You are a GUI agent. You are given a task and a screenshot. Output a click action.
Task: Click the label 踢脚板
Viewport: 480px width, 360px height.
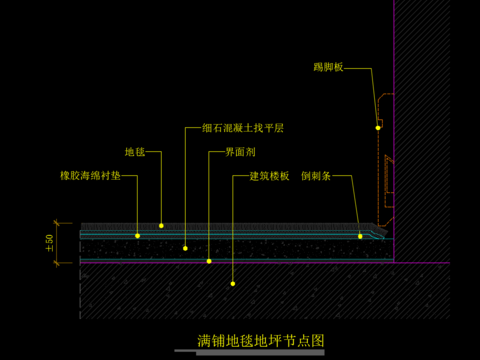click(328, 68)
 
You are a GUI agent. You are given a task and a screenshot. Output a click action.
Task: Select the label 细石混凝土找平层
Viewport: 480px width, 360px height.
click(243, 129)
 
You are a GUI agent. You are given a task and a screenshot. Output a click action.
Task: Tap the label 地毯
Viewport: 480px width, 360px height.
click(135, 152)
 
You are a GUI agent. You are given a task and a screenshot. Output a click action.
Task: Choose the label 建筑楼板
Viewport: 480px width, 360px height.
click(269, 176)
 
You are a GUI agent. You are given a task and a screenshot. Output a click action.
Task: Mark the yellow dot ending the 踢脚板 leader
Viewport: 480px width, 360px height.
click(378, 127)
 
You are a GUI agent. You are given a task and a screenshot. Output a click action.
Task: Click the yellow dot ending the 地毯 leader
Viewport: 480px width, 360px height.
click(161, 225)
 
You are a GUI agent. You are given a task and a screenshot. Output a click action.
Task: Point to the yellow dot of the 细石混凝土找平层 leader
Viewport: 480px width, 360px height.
click(186, 246)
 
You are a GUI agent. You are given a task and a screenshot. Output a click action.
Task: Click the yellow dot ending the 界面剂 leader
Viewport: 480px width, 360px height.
click(209, 261)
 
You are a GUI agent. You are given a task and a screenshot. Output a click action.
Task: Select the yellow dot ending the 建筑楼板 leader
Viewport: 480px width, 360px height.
click(233, 284)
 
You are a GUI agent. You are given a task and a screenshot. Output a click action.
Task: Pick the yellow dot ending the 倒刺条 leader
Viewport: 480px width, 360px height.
click(360, 236)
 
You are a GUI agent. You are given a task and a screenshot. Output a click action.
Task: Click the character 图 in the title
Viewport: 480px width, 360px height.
click(318, 340)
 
